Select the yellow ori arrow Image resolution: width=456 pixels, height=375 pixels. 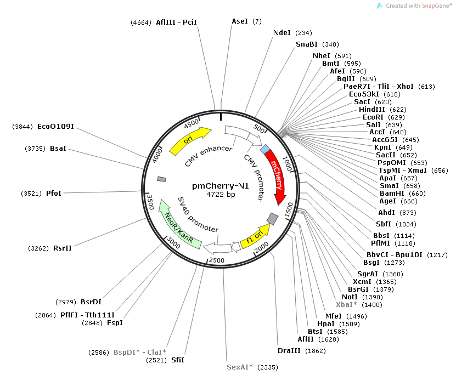tap(189, 141)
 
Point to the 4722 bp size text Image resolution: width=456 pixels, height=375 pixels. tap(221, 195)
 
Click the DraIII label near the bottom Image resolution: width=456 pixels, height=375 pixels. tap(289, 350)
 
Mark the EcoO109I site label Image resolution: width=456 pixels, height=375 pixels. tap(55, 127)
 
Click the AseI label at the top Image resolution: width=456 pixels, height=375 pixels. tap(240, 21)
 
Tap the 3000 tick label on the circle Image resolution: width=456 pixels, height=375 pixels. tap(173, 242)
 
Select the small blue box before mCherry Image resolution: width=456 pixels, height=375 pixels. tap(266, 149)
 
